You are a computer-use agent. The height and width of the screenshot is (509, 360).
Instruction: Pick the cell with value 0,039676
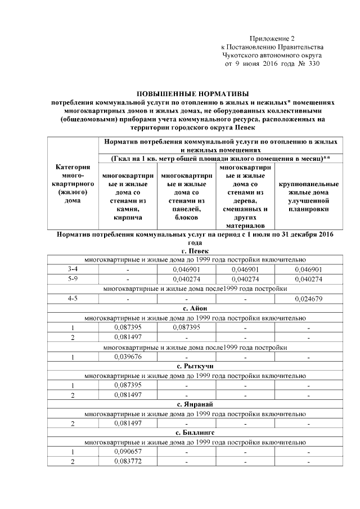pyautogui.click(x=128, y=357)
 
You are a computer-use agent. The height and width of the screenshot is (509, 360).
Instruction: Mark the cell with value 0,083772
pyautogui.click(x=128, y=462)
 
